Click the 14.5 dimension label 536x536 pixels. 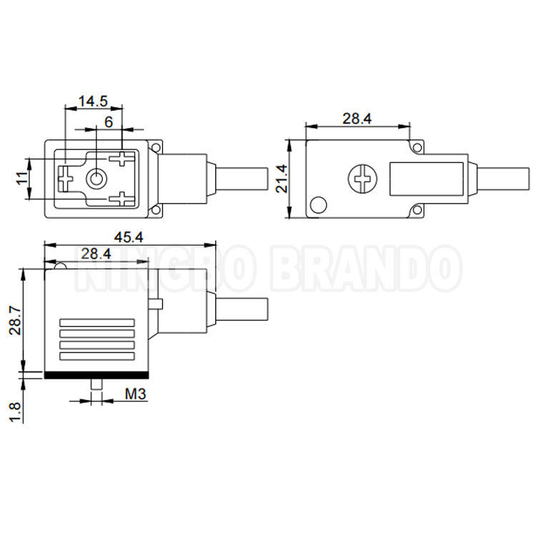pos(93,101)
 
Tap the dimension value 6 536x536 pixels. pos(109,122)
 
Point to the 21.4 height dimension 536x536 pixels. pos(282,179)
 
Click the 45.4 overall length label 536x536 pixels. pos(129,237)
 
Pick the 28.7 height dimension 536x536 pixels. pos(16,320)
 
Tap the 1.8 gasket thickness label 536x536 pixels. pos(16,412)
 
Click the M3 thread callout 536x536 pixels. pos(136,394)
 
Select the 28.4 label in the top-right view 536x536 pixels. pos(357,119)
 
